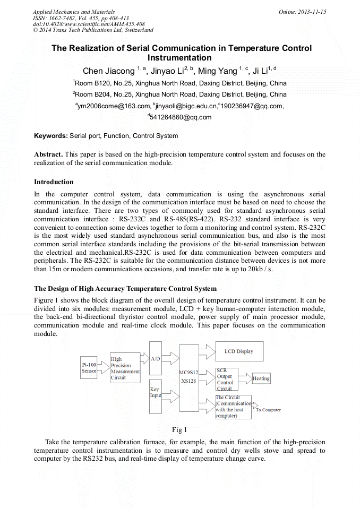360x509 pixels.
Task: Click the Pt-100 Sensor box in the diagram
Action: click(x=89, y=368)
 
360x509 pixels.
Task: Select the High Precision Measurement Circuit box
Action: click(x=125, y=368)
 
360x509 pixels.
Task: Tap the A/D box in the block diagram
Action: click(x=156, y=358)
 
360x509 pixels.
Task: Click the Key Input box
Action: click(x=156, y=396)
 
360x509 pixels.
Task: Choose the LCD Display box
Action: click(x=238, y=351)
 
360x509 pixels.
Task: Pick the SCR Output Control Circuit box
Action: click(x=227, y=379)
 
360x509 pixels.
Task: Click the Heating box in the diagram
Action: click(x=261, y=378)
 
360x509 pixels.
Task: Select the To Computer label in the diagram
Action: click(x=268, y=410)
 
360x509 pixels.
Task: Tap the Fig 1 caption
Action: click(x=179, y=429)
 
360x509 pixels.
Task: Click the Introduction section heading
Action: click(x=54, y=182)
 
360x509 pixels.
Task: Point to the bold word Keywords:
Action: click(x=51, y=136)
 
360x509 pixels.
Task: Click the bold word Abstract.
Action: click(x=48, y=154)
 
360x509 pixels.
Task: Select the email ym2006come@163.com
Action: click(x=113, y=106)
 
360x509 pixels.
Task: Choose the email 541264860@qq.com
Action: click(x=181, y=117)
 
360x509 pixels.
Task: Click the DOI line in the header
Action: click(x=89, y=24)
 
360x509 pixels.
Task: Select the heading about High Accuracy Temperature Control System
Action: click(x=125, y=289)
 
